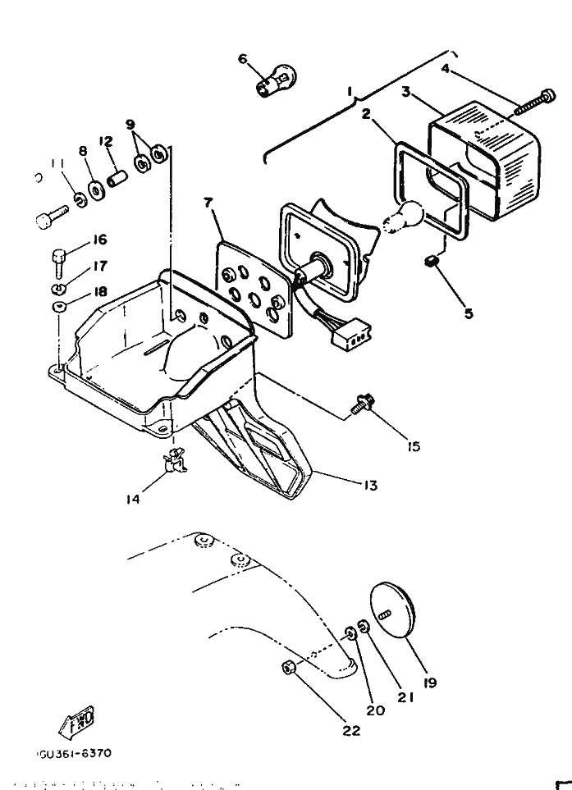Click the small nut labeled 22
pyautogui.click(x=289, y=669)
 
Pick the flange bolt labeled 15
pyautogui.click(x=361, y=404)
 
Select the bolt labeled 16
pyautogui.click(x=58, y=262)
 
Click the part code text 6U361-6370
pyautogui.click(x=74, y=752)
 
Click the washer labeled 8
pyautogui.click(x=96, y=191)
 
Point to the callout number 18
pyautogui.click(x=99, y=291)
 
